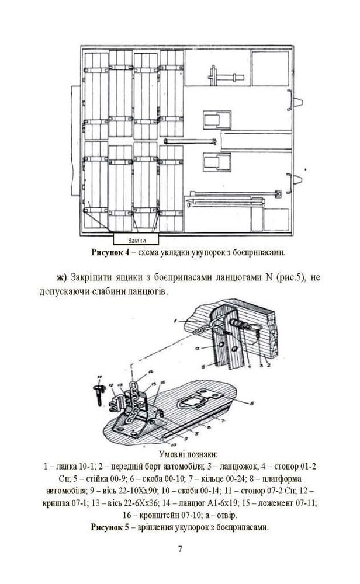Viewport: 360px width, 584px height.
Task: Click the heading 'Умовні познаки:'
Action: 180,454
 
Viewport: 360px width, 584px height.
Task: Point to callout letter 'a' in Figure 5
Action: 200,346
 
